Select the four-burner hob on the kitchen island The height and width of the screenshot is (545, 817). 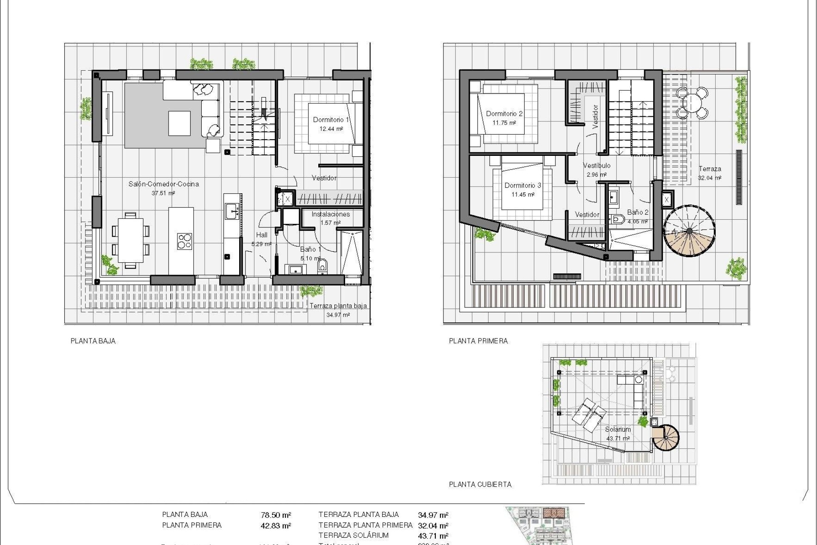click(x=184, y=241)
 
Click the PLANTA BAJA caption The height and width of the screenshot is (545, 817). click(x=93, y=341)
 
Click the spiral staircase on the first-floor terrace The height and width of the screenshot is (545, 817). click(x=689, y=231)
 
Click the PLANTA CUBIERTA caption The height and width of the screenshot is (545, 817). click(x=480, y=485)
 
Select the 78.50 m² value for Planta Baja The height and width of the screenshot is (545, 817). click(x=276, y=515)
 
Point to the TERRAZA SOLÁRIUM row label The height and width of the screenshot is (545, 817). click(x=353, y=536)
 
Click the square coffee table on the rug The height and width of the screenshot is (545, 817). click(x=179, y=123)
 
